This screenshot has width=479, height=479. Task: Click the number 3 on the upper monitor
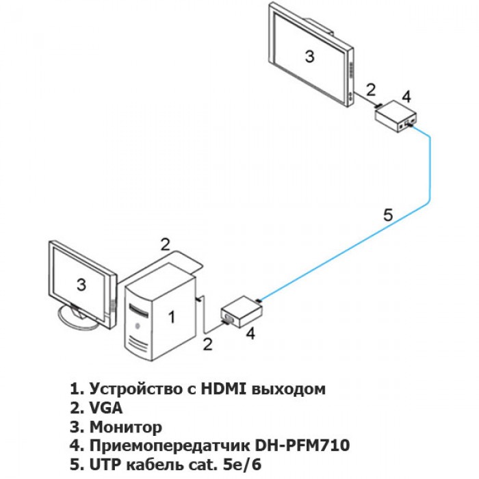point(309,57)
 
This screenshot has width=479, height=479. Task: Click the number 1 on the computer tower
point(172,316)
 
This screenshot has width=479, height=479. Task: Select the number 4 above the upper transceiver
point(406,94)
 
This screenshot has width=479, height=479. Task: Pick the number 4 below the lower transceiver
point(250,333)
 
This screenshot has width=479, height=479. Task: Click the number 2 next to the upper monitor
point(370,88)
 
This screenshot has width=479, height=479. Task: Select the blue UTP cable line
point(430,171)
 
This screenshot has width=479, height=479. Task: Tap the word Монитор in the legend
point(126,427)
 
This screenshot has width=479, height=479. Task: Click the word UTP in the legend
point(103,465)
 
